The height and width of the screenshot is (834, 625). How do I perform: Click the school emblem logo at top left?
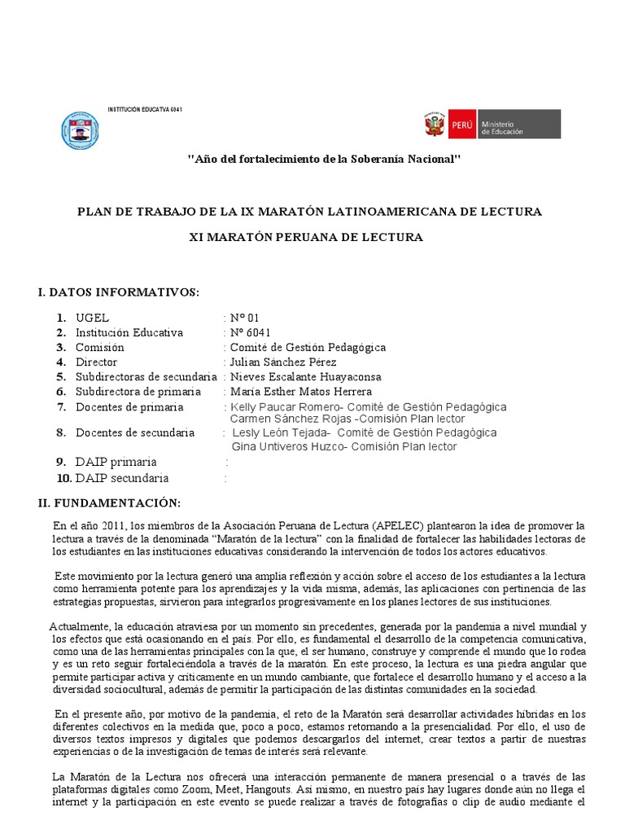(x=81, y=129)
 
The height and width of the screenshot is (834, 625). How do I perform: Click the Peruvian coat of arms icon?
(x=434, y=125)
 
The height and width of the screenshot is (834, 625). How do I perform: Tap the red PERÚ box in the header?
(x=461, y=125)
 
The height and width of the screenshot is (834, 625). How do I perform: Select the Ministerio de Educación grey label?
(x=518, y=125)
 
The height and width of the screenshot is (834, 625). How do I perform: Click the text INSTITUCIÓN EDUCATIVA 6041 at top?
(x=146, y=109)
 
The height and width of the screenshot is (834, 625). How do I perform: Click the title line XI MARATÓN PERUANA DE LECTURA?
(x=308, y=237)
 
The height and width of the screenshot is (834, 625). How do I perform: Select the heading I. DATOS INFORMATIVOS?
(x=118, y=292)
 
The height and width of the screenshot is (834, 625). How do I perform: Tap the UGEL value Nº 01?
(x=246, y=318)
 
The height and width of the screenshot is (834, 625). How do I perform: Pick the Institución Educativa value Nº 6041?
(x=251, y=332)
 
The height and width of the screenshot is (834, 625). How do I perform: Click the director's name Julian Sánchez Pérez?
(x=283, y=362)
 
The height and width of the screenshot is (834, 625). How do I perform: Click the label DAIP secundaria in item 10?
(x=123, y=478)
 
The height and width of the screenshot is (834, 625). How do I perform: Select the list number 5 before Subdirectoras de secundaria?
(x=60, y=377)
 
